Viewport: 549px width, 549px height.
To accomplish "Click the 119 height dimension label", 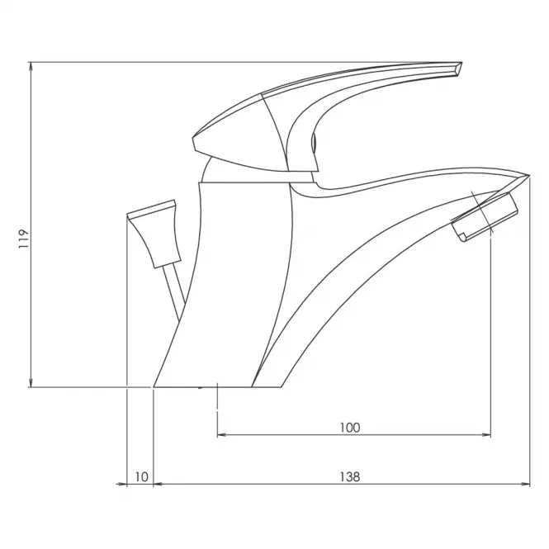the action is pos(23,239).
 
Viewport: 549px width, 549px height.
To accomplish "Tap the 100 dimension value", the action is pos(350,428).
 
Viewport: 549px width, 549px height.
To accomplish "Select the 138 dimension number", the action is pos(350,476).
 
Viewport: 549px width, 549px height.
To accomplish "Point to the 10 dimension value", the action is pos(141,476).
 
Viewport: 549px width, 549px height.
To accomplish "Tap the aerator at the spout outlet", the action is pos(485,217).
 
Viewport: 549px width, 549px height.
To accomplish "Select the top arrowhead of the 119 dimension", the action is pos(31,68).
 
